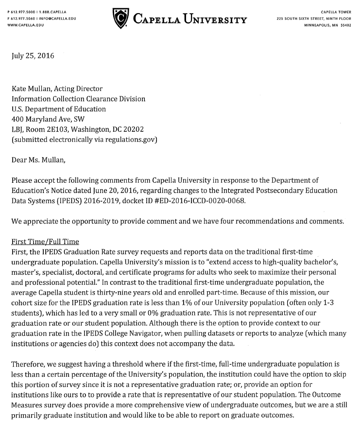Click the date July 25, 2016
coord(33,55)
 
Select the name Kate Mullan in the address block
coord(31,88)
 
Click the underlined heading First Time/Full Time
coord(45,242)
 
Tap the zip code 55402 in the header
coord(345,25)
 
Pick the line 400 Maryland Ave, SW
coord(48,119)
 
